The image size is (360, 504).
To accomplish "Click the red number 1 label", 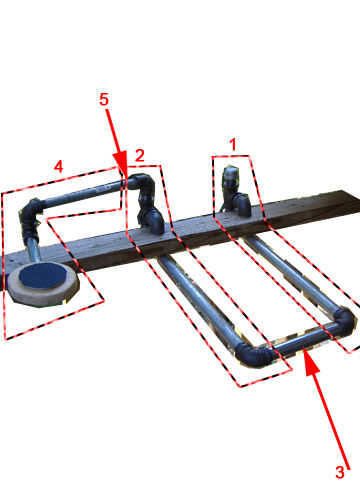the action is pos(233,145).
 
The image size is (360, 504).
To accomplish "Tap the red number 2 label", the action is pos(140,155).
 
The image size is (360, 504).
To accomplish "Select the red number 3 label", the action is pos(340,472).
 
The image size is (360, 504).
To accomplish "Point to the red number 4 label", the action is pos(58,166).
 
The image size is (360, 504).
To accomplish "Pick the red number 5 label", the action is pos(104,99).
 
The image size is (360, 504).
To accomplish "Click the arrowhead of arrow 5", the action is pos(121,163).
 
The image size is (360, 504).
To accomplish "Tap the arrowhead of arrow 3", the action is pos(311,362).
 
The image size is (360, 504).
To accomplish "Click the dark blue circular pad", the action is pos(43,276).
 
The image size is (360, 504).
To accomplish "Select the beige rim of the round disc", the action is pos(43,293).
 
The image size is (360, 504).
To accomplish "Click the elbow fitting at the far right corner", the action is pos(343,321).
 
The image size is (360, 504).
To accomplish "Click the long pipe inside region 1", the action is pos(290,272).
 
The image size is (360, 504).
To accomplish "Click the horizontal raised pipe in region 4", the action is pos(82,193).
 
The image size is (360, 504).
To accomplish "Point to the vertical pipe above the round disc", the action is pos(33,249).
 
